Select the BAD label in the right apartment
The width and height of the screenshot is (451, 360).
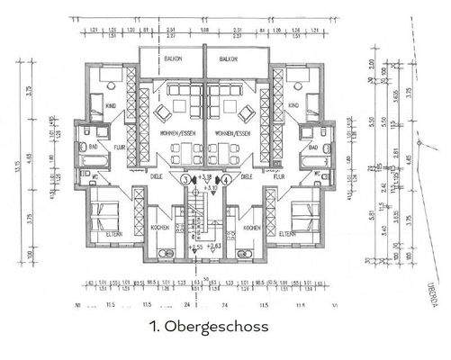point(312,147)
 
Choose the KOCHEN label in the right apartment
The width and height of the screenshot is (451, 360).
point(251,229)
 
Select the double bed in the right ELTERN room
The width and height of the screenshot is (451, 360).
point(303,216)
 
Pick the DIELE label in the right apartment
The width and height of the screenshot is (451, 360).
point(249,177)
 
